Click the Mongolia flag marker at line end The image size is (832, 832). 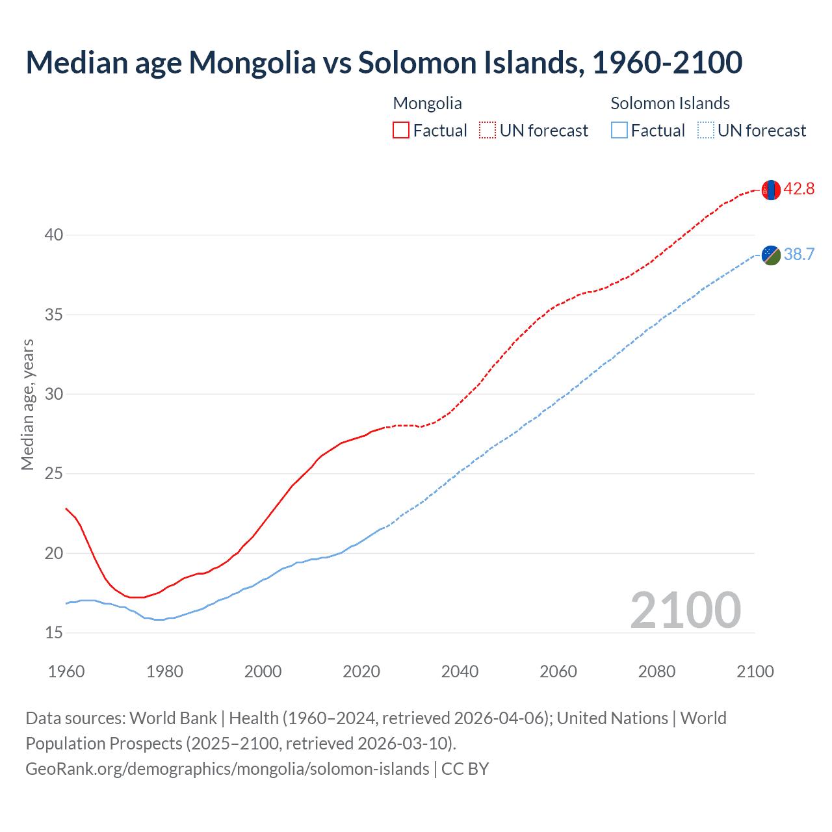click(771, 190)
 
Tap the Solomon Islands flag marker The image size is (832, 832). click(771, 255)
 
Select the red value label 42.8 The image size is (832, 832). click(799, 189)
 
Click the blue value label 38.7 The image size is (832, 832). click(799, 254)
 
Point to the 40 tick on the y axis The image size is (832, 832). click(54, 235)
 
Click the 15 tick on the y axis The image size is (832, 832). click(54, 632)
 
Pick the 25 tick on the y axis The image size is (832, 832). click(54, 473)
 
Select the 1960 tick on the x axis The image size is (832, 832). click(66, 671)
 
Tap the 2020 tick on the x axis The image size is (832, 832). click(361, 671)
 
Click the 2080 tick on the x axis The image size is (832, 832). click(656, 671)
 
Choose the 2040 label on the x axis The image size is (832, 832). click(460, 671)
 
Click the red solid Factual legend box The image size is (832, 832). click(401, 131)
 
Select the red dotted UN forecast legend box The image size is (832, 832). click(487, 131)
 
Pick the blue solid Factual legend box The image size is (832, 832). click(619, 131)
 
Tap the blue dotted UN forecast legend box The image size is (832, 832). click(706, 131)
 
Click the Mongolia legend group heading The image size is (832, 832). click(428, 103)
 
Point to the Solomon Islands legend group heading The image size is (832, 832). click(670, 103)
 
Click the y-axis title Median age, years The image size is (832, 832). click(27, 404)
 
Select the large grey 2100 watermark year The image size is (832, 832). click(685, 610)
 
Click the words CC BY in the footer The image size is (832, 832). click(465, 769)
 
